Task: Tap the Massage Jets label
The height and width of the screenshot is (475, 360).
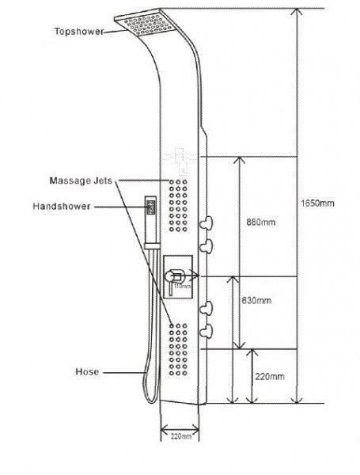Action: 84,181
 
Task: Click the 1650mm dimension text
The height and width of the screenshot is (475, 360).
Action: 318,203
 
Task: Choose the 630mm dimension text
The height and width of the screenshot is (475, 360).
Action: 256,301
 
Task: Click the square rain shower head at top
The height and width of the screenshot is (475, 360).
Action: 160,28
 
